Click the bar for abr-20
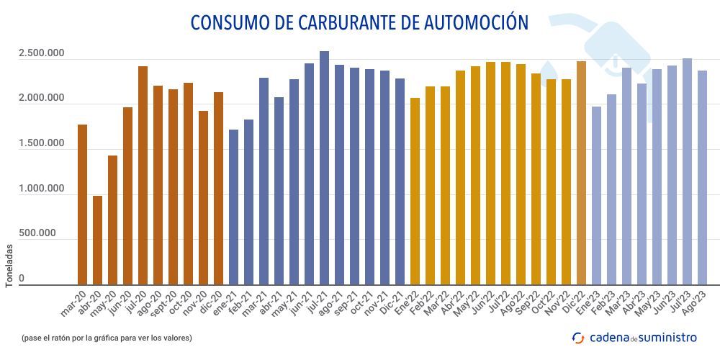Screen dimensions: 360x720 point(97,240)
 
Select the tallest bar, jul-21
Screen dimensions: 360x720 point(324,168)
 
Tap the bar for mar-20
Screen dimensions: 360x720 point(82,205)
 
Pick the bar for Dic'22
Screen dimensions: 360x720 point(581,174)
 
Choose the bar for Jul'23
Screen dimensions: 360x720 point(687,172)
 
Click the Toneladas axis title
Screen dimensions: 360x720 point(9,265)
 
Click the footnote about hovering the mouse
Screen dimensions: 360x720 point(107,337)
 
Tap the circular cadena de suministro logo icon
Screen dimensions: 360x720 point(577,337)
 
